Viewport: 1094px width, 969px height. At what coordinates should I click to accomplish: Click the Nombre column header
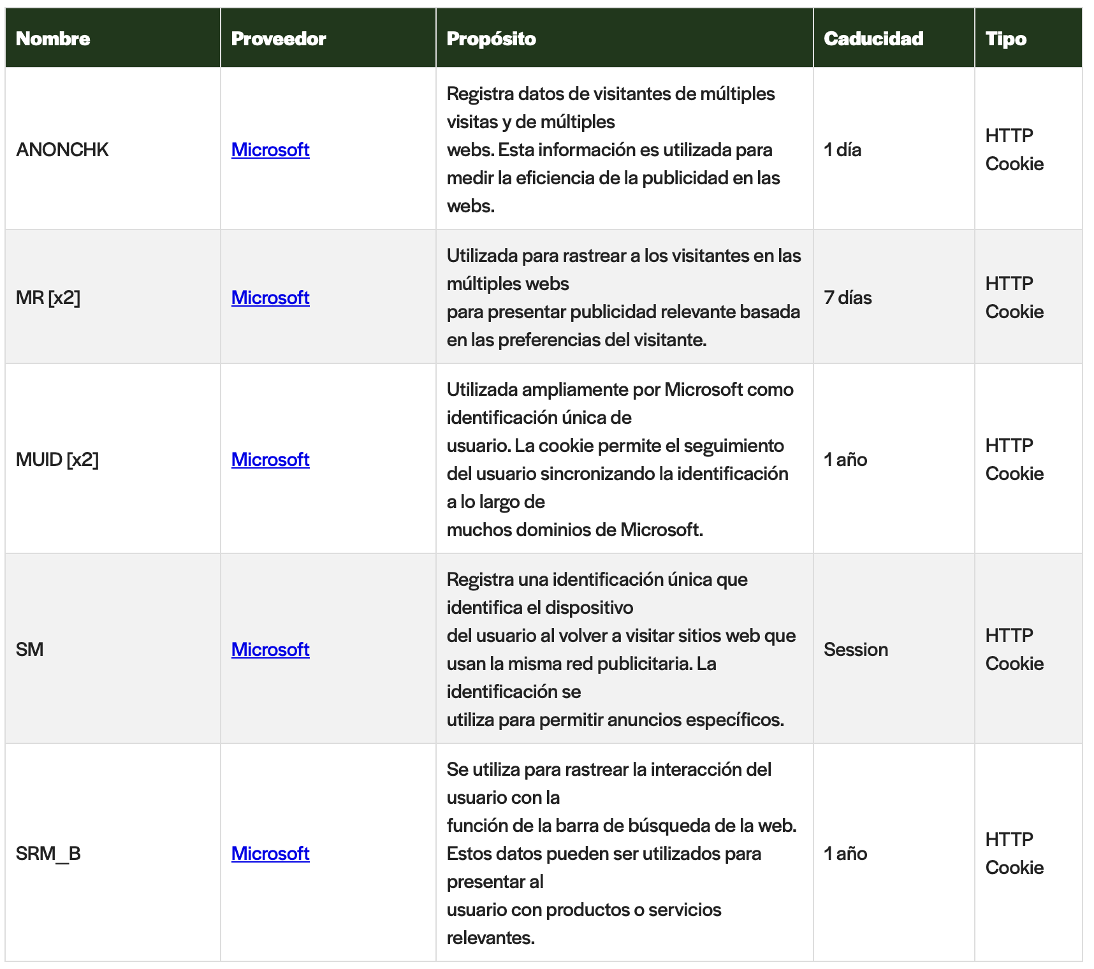point(53,39)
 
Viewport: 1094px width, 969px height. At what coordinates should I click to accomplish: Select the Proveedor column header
point(279,39)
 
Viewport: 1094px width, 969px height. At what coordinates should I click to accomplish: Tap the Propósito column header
point(491,39)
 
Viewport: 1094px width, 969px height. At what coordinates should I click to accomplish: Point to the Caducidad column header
point(873,39)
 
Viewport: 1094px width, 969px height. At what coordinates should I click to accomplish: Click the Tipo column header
point(1006,39)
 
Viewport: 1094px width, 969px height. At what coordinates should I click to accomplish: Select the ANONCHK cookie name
point(62,150)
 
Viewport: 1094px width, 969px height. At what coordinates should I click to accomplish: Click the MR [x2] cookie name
point(48,298)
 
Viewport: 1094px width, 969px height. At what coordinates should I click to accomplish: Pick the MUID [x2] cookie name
point(57,460)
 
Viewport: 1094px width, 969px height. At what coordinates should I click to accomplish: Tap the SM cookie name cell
point(30,650)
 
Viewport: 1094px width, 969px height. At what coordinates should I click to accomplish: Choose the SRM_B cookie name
point(48,854)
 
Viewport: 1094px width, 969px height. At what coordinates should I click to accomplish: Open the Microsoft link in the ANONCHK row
point(270,150)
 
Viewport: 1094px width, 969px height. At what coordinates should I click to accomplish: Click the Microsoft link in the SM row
point(270,650)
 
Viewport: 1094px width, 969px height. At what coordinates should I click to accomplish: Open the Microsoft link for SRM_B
point(270,854)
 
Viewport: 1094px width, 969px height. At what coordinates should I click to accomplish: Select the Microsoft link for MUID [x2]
point(270,460)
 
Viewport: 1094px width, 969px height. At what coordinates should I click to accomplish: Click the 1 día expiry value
point(842,150)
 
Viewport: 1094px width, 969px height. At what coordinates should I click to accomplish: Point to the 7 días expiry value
point(848,298)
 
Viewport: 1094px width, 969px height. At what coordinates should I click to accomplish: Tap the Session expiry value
point(856,650)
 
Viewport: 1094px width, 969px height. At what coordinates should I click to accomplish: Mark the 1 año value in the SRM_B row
point(845,854)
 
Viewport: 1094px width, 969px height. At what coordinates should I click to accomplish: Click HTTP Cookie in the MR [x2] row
point(1014,298)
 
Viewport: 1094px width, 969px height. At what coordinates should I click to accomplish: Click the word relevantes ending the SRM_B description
point(490,938)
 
